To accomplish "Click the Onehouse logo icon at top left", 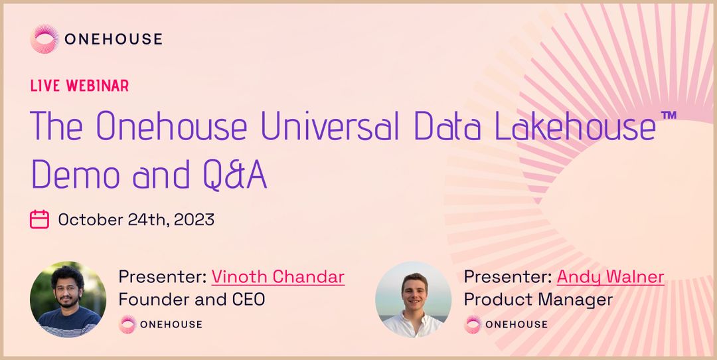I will click(x=44, y=39).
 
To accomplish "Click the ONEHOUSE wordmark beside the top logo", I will click(x=113, y=39).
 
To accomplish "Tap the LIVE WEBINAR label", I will click(x=80, y=86).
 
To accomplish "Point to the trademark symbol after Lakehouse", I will click(x=669, y=116).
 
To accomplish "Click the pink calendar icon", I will click(x=40, y=219).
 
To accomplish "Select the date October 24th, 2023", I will click(x=136, y=220).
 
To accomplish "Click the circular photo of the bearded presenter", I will click(x=68, y=299).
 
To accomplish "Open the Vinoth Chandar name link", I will click(x=278, y=276).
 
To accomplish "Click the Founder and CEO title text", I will click(x=191, y=300).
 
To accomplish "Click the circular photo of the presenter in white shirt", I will click(x=413, y=299).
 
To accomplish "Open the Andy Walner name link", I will click(x=610, y=276).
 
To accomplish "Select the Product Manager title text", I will click(x=538, y=300).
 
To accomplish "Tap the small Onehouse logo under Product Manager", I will click(x=472, y=324).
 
